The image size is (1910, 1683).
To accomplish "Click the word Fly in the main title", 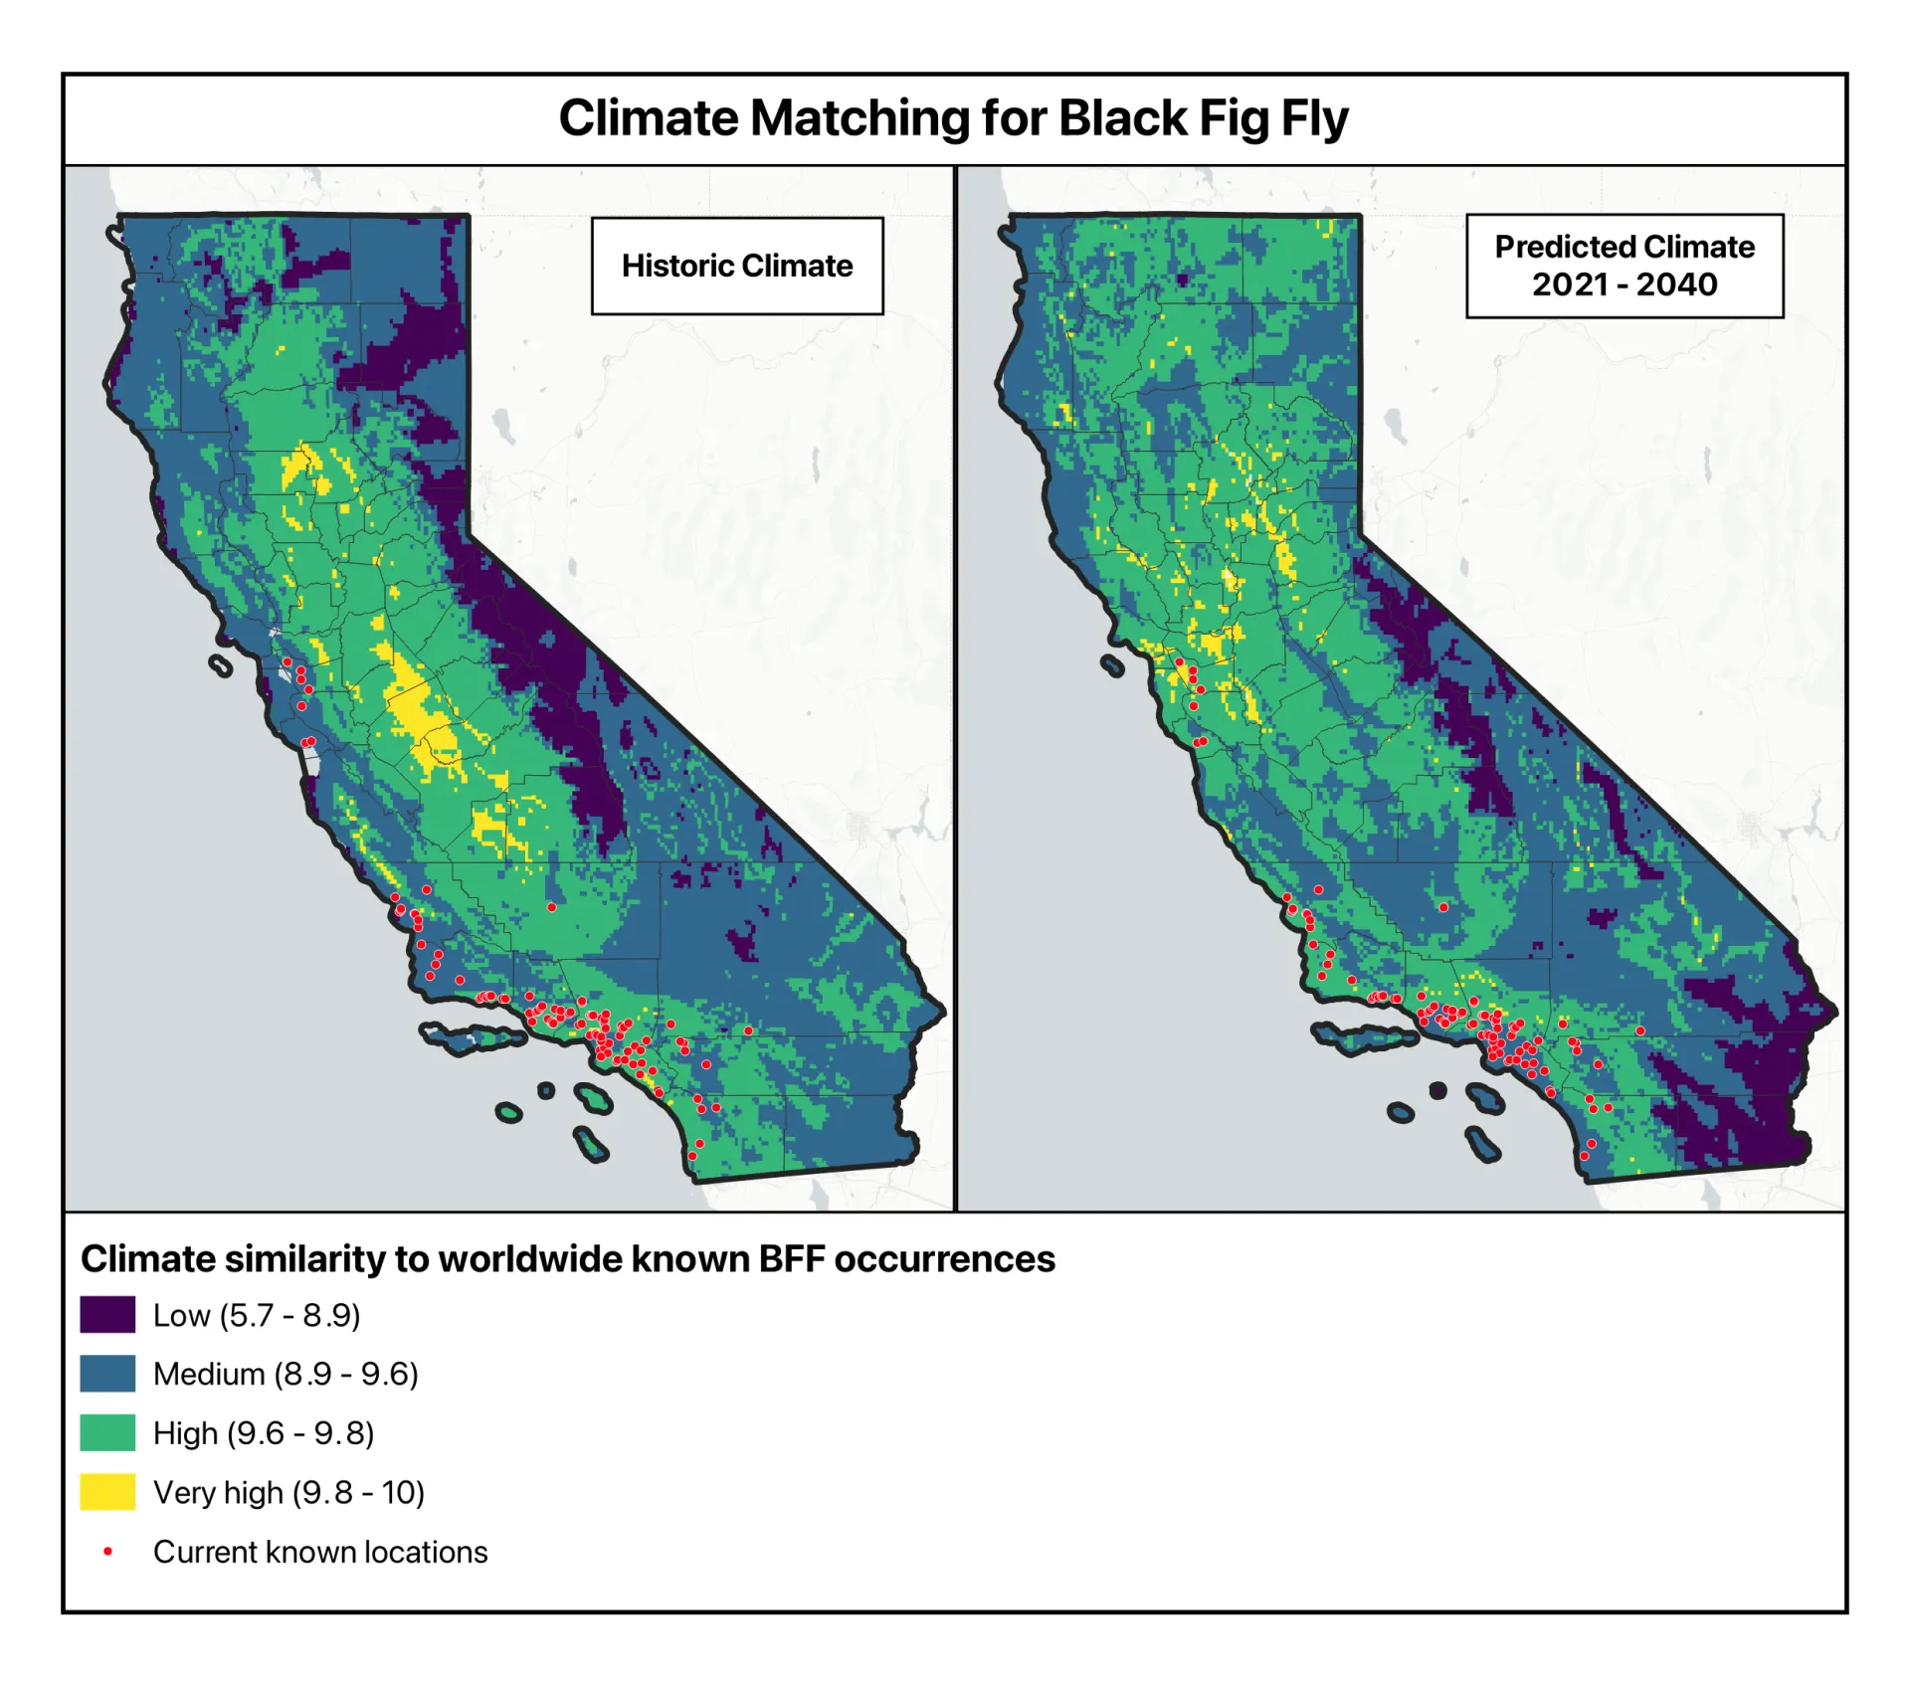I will click(x=1314, y=118).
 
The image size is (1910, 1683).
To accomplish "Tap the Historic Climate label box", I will click(x=737, y=266).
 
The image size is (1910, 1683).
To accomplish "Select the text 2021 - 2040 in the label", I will click(x=1623, y=284).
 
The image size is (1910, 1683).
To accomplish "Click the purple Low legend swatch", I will click(x=107, y=1314).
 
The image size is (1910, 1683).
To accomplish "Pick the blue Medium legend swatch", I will click(x=107, y=1373).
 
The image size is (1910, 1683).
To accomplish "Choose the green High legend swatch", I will click(x=107, y=1432).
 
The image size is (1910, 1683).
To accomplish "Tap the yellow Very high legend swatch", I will click(x=107, y=1492).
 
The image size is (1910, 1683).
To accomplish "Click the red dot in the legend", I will click(x=107, y=1551).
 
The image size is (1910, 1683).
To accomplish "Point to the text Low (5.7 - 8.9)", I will click(x=256, y=1315).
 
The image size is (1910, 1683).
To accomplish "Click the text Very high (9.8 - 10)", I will click(x=288, y=1492).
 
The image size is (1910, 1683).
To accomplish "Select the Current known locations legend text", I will click(x=320, y=1552).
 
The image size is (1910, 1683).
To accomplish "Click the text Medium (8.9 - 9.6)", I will click(x=286, y=1374).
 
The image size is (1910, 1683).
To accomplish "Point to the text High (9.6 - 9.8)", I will click(x=264, y=1433).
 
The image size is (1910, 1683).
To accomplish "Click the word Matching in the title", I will click(x=859, y=118).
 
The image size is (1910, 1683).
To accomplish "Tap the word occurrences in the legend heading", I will click(x=944, y=1259).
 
